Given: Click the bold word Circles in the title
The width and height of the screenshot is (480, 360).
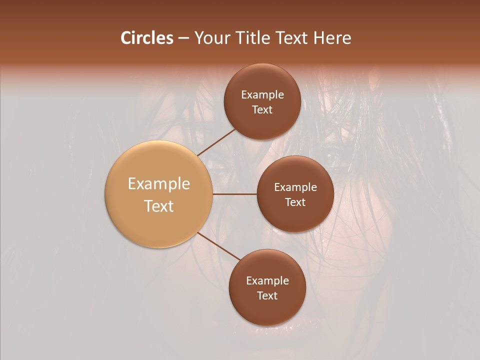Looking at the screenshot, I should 146,38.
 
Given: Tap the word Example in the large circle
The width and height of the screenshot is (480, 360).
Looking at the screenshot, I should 159,184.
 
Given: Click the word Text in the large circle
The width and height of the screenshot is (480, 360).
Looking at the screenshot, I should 159,206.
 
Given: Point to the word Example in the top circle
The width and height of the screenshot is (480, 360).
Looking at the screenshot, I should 262,95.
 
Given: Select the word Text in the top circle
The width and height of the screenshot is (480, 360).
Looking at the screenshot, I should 262,110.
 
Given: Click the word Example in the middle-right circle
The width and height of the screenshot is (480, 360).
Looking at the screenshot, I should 295,187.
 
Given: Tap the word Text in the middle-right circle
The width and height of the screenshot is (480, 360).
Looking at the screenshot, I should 295,202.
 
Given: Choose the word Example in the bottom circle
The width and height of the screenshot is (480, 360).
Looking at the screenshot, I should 267,281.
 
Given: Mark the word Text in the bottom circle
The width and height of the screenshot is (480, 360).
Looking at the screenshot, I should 267,296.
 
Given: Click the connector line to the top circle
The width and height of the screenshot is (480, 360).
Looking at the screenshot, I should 216,142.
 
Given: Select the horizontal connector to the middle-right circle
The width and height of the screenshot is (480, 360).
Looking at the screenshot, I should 235,194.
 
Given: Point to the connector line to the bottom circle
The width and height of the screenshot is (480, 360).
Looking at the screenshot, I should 219,246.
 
